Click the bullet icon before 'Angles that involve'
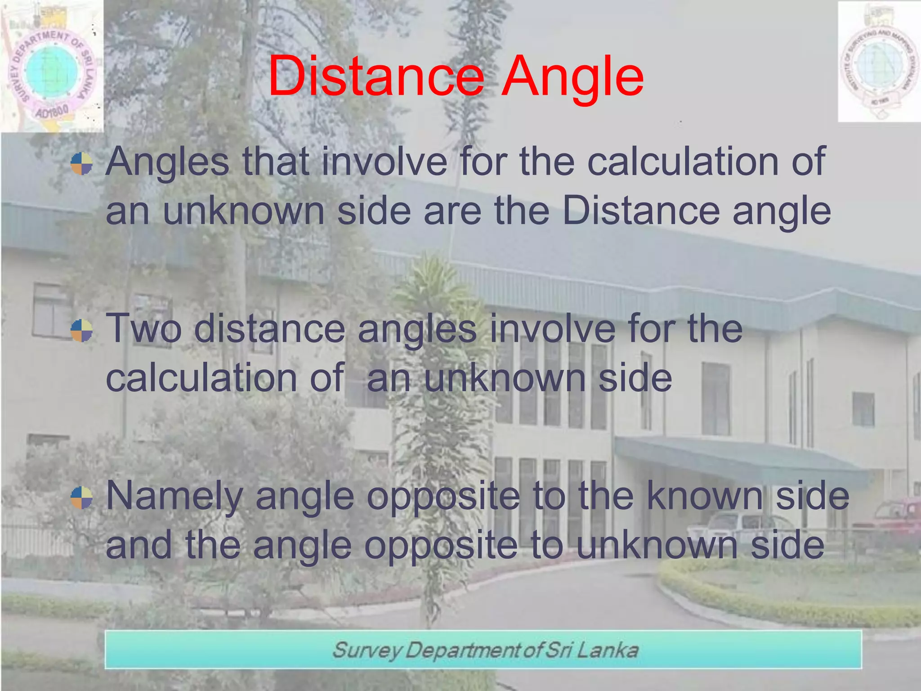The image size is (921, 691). tap(82, 163)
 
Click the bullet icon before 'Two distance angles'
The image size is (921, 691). tap(82, 331)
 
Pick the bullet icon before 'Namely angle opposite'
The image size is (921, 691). tap(82, 498)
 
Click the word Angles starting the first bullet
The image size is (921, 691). tap(167, 163)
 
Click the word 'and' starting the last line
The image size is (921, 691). tap(139, 545)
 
